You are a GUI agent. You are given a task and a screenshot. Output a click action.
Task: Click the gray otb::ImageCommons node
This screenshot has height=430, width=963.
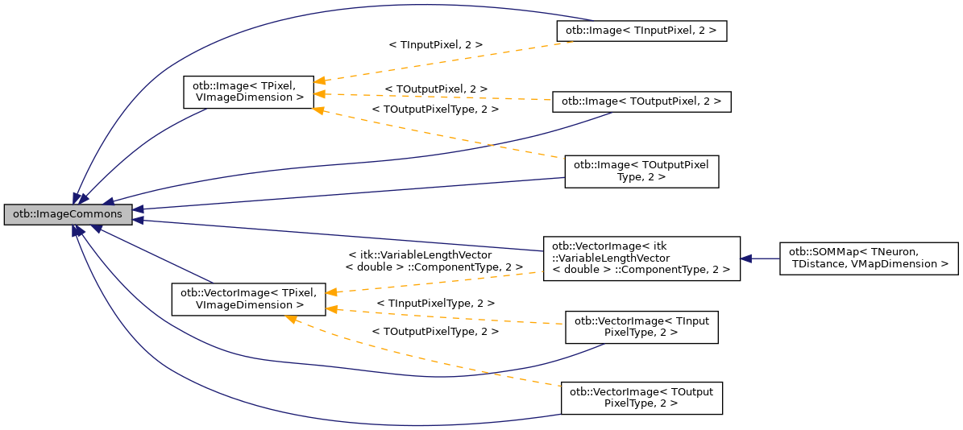pyautogui.click(x=68, y=214)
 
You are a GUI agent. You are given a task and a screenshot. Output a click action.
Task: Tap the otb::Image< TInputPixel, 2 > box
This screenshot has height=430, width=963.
pyautogui.click(x=641, y=31)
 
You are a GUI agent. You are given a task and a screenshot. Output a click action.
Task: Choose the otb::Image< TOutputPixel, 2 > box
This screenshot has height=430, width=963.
pyautogui.click(x=641, y=101)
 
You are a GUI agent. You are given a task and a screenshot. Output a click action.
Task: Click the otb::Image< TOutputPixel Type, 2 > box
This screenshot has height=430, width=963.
pyautogui.click(x=641, y=172)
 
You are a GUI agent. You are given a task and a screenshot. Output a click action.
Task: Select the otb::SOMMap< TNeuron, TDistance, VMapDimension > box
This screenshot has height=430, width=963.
pyautogui.click(x=869, y=258)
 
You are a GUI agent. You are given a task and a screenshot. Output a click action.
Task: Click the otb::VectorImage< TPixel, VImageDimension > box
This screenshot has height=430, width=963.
pyautogui.click(x=248, y=298)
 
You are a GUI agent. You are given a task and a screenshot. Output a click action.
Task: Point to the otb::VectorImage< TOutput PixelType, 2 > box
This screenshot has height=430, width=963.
pyautogui.click(x=641, y=398)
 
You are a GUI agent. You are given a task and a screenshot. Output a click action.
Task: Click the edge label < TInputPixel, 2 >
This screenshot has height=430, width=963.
pyautogui.click(x=435, y=45)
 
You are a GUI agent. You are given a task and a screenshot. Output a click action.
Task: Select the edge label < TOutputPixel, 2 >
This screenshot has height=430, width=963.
pyautogui.click(x=436, y=88)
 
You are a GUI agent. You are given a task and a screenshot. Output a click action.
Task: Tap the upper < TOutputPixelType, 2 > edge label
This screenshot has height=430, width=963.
pyautogui.click(x=435, y=109)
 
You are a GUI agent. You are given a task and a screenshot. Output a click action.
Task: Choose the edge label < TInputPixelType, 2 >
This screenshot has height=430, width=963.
pyautogui.click(x=435, y=303)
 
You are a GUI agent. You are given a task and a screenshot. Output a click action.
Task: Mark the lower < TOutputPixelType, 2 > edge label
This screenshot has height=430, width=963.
pyautogui.click(x=435, y=331)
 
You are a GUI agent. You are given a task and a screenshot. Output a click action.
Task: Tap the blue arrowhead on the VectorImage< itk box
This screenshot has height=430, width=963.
pyautogui.click(x=747, y=258)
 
